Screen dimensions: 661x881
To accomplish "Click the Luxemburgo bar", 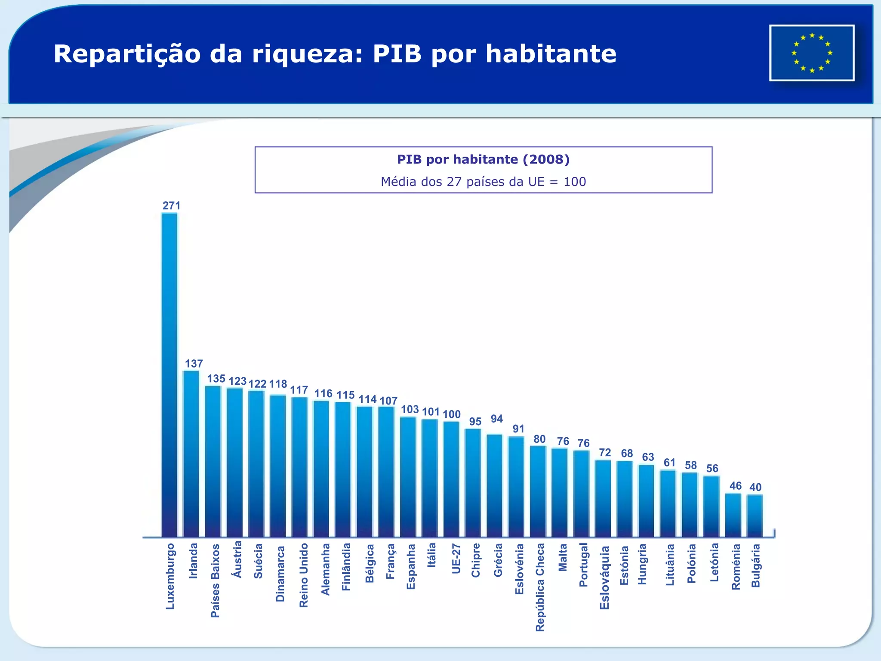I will coord(169,374).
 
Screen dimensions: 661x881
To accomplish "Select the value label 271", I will coord(171,206).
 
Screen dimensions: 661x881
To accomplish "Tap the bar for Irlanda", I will coord(191,454).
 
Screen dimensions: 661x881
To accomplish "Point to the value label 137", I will coord(194,364).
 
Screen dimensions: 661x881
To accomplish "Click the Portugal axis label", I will coord(583,565).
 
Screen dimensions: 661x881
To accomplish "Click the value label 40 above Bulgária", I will coord(755,487).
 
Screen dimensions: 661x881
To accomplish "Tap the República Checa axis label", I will coord(540,587).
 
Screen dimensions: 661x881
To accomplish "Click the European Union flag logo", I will coord(812,53).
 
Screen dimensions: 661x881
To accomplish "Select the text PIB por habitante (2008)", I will coord(483,160).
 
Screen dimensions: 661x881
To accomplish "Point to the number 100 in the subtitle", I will coord(575,182).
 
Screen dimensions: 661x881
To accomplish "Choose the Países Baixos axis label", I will coord(215,580).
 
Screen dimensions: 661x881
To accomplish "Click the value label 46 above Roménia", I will coord(736,486).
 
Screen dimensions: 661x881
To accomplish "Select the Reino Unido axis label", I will coord(304,575).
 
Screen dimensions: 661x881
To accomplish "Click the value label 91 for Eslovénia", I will coord(518,429).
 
